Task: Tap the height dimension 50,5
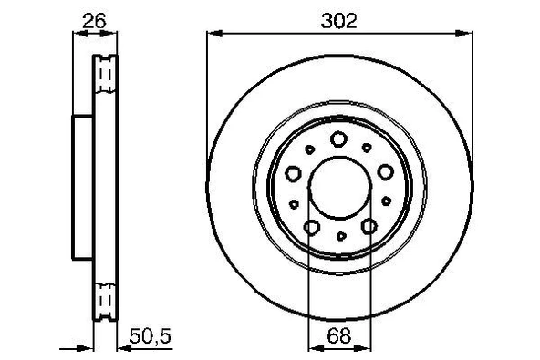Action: [151, 336]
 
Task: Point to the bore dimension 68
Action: [339, 336]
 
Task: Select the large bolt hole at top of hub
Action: [339, 139]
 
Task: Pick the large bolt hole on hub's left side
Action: [294, 171]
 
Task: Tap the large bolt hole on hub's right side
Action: [385, 171]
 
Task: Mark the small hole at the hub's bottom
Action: [339, 236]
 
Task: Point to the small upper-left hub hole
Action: [310, 148]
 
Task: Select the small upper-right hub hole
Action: [369, 148]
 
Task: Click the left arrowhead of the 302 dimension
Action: [213, 34]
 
